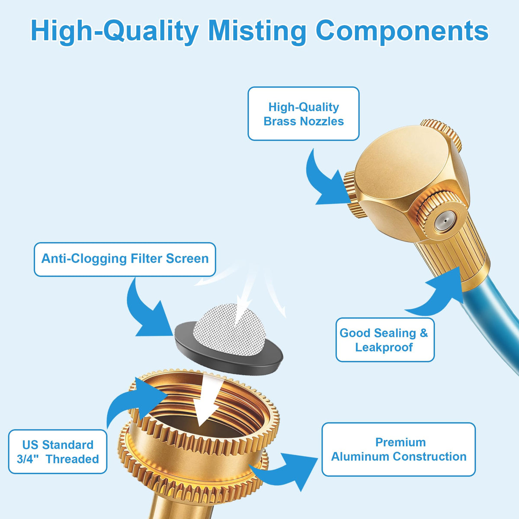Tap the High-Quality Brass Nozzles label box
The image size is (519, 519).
click(x=304, y=114)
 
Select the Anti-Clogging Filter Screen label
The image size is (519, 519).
click(x=125, y=259)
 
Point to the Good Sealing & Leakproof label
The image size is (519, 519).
click(x=385, y=340)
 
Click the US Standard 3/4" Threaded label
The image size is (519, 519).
click(x=58, y=452)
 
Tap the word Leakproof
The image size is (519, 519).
click(x=384, y=347)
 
